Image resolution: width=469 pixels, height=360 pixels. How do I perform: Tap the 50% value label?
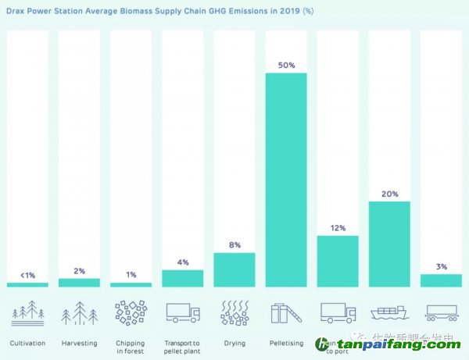click(x=286, y=65)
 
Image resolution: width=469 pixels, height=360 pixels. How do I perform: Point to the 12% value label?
click(x=338, y=227)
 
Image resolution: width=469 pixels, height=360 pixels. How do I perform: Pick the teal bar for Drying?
click(x=234, y=269)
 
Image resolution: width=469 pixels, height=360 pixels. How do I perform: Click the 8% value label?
click(x=234, y=244)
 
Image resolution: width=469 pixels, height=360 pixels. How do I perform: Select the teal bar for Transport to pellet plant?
click(x=183, y=278)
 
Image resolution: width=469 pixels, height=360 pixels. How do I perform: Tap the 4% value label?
click(x=183, y=262)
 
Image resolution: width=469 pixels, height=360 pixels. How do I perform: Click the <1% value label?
click(x=27, y=275)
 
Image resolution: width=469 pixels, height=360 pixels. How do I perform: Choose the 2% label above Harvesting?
click(x=79, y=270)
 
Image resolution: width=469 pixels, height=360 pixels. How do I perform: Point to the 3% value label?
click(x=441, y=266)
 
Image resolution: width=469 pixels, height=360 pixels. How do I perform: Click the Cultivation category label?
click(x=28, y=343)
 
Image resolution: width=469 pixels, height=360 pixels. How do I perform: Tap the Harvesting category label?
click(x=79, y=343)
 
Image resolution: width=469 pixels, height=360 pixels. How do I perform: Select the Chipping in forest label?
click(x=131, y=347)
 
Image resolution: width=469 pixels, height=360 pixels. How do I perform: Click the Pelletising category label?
click(x=286, y=343)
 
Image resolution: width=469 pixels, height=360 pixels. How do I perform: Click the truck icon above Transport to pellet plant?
click(x=183, y=313)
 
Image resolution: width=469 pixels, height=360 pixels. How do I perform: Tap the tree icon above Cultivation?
click(x=28, y=312)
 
